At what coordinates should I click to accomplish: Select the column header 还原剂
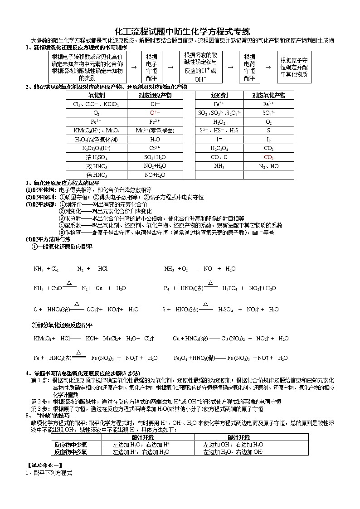(x=219, y=96)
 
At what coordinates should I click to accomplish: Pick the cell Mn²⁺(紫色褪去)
(x=155, y=131)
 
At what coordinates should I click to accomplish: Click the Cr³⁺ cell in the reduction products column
(x=155, y=148)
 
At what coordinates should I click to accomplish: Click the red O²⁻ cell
(x=155, y=113)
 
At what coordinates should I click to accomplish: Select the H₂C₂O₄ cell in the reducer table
(x=219, y=148)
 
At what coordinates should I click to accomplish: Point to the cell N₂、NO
(x=268, y=166)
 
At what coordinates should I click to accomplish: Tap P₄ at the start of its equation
(x=167, y=288)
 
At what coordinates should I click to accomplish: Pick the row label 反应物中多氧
(x=71, y=452)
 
